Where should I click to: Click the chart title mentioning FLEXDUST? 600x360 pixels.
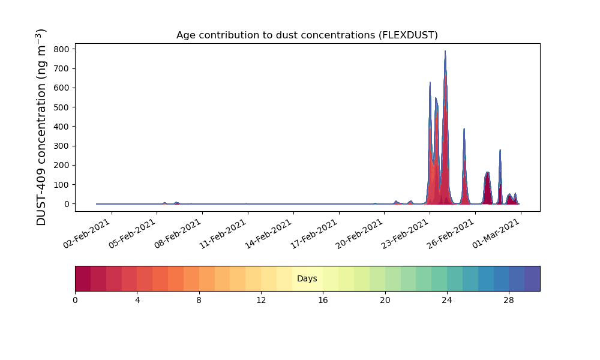[307, 35]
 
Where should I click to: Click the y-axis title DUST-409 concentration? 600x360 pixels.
[41, 127]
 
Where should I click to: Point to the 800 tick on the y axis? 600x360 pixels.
[61, 49]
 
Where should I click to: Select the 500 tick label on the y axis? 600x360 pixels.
[61, 107]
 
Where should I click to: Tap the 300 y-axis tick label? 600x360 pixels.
[61, 146]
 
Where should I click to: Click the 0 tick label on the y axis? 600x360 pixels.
[67, 204]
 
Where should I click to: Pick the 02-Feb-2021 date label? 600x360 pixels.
[87, 234]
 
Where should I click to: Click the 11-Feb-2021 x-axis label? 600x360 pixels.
[223, 234]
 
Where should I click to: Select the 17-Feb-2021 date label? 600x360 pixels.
[314, 234]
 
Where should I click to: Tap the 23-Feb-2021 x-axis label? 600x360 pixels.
[405, 234]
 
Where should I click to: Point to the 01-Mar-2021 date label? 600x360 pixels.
[496, 234]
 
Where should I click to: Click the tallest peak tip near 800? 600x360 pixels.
[445, 51]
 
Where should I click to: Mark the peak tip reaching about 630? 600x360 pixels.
[430, 82]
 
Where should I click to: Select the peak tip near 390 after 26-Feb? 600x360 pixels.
[464, 129]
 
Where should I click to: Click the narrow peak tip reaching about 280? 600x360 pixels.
[500, 150]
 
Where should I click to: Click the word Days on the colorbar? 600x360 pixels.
[307, 278]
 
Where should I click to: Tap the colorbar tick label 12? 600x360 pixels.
[261, 301]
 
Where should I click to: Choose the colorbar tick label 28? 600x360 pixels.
[509, 301]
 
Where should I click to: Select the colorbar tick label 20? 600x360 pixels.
[385, 301]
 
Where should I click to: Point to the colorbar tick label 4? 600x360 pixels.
[137, 301]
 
